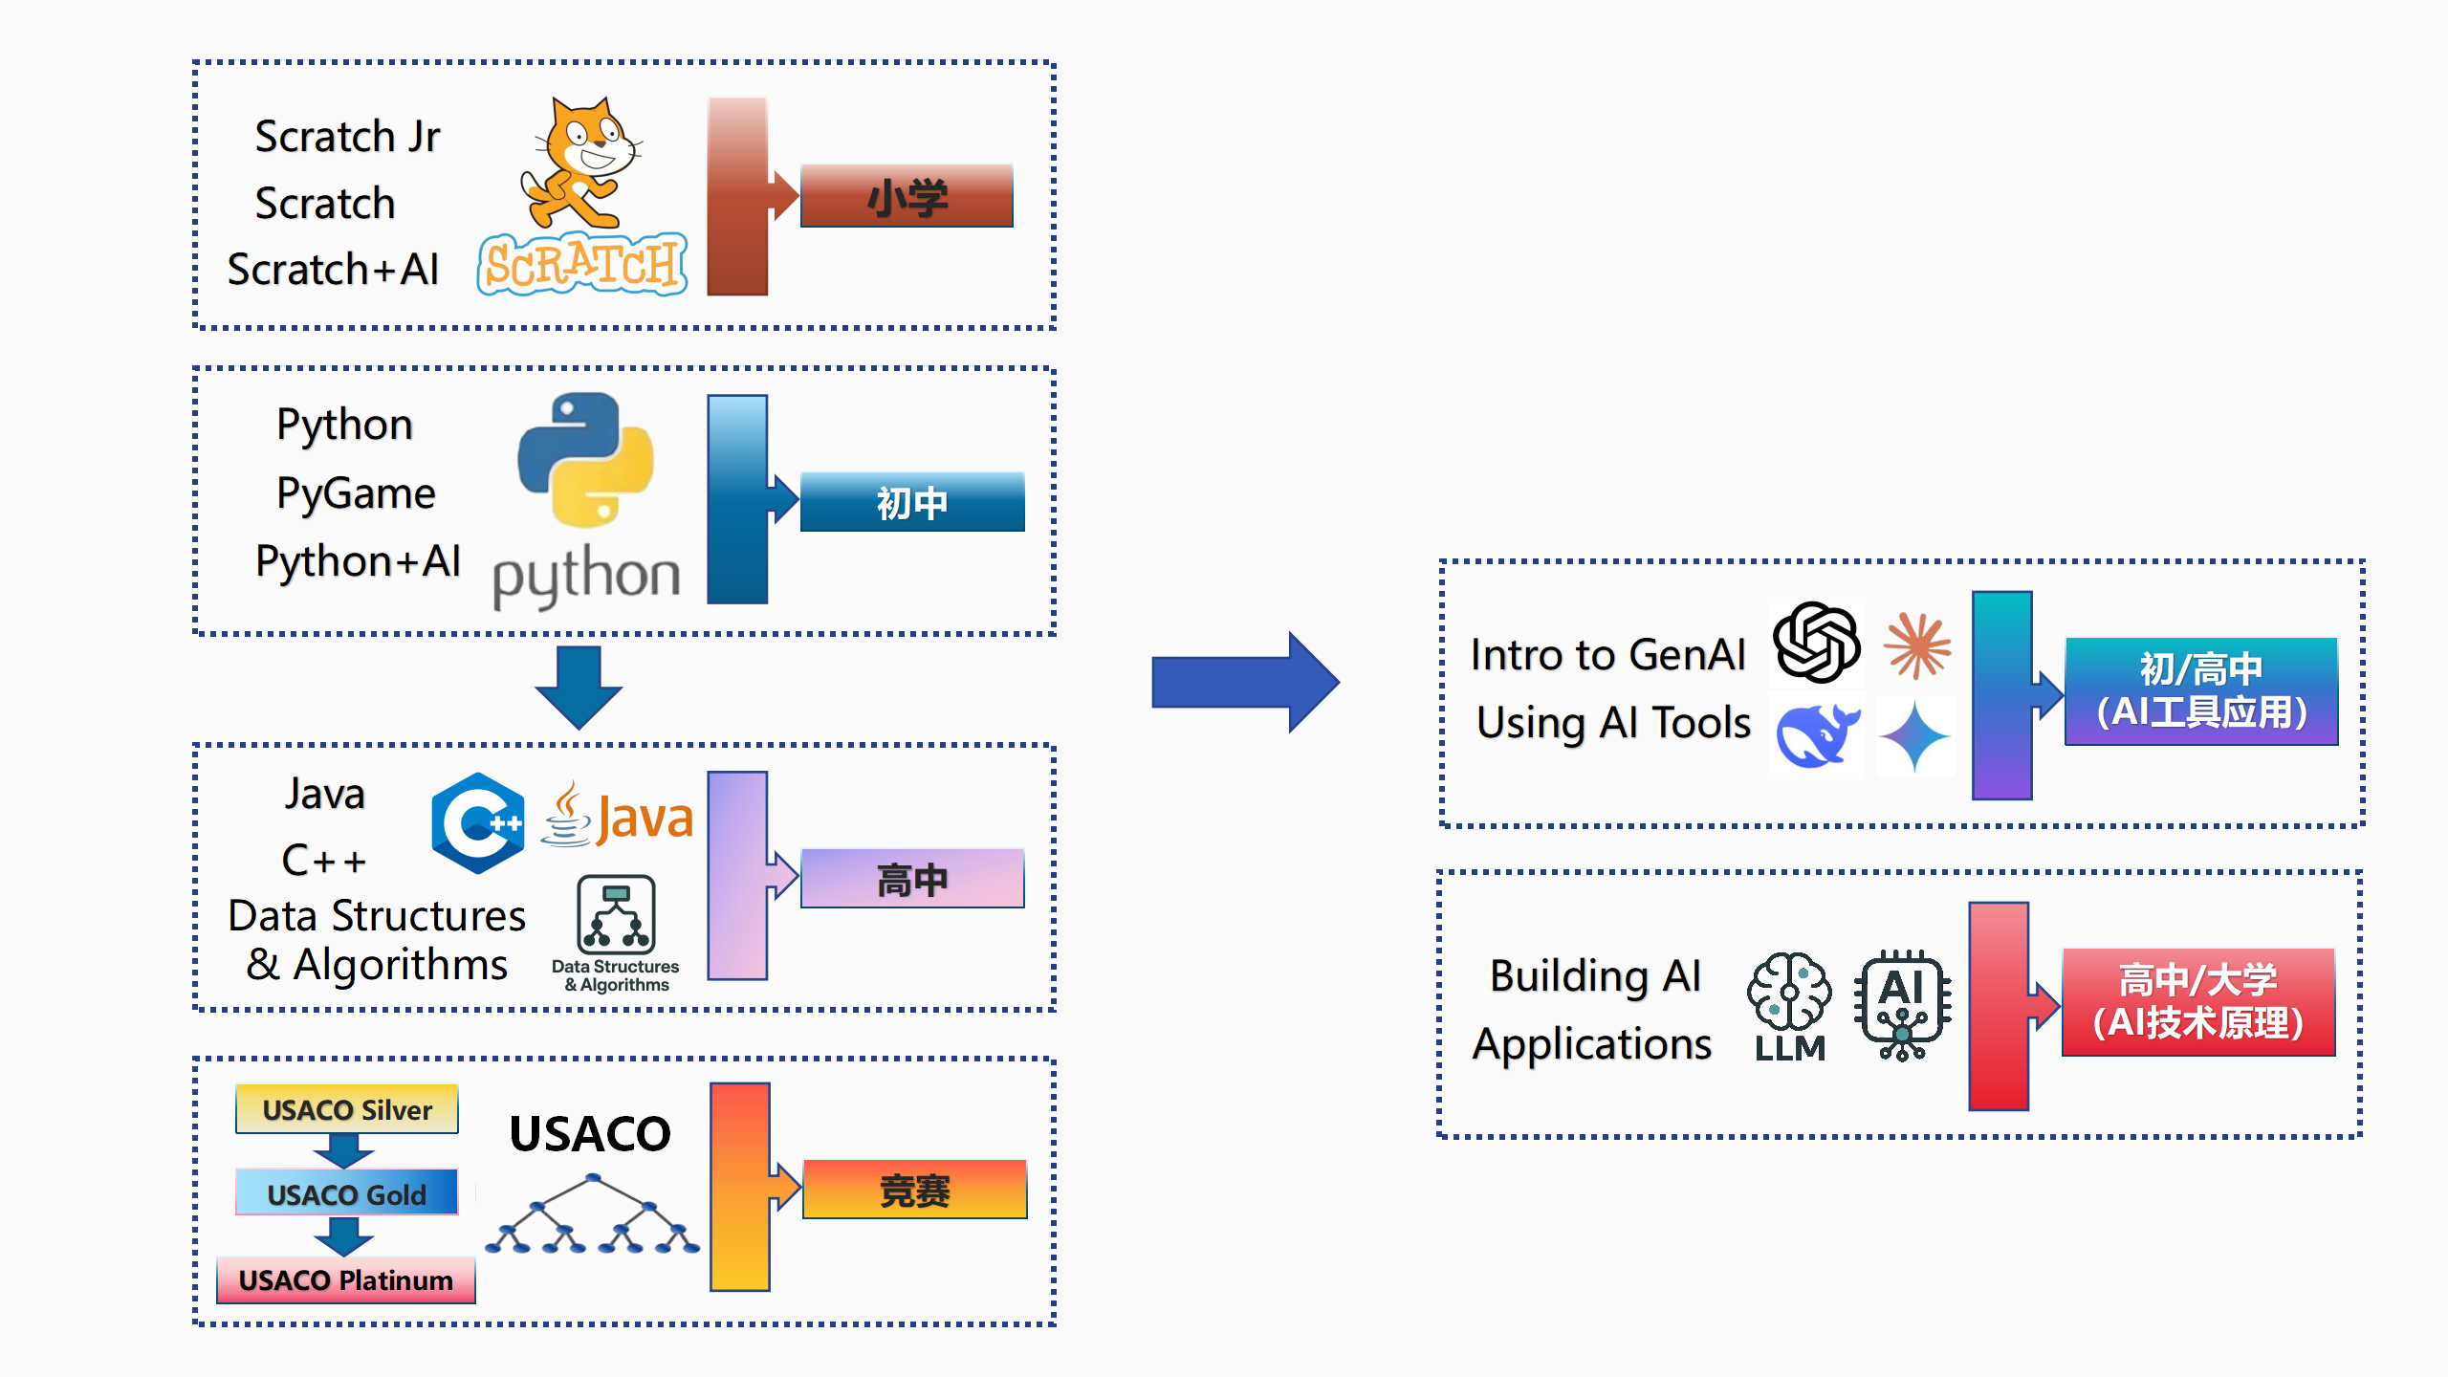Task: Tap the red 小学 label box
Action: pyautogui.click(x=907, y=196)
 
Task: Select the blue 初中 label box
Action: pyautogui.click(x=912, y=502)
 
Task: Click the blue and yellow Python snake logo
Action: pyautogui.click(x=585, y=459)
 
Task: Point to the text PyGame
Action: pyautogui.click(x=356, y=493)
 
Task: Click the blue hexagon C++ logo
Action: pyautogui.click(x=477, y=822)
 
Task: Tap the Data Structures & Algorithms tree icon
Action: pyautogui.click(x=617, y=915)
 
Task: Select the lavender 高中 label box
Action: pyautogui.click(x=912, y=879)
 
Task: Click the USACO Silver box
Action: pyautogui.click(x=347, y=1109)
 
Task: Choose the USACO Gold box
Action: pyautogui.click(x=347, y=1193)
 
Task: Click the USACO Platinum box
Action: pyautogui.click(x=346, y=1279)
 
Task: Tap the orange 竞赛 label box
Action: pyautogui.click(x=915, y=1190)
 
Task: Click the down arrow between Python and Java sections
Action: pyautogui.click(x=579, y=686)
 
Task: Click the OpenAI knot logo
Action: pyautogui.click(x=1816, y=643)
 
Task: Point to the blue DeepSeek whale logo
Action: pyautogui.click(x=1816, y=734)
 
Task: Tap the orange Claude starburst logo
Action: pyautogui.click(x=1917, y=645)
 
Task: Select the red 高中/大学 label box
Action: pyautogui.click(x=2198, y=1002)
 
